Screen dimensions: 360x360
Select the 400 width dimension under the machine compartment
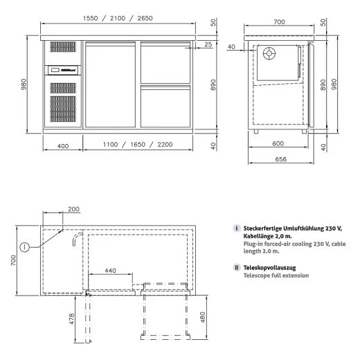(63, 145)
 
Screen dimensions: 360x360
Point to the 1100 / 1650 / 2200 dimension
(138, 145)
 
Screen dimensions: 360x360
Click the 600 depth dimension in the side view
(277, 144)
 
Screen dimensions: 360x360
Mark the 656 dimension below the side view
(277, 159)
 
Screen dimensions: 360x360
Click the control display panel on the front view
(64, 69)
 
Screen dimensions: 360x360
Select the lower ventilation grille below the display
(64, 101)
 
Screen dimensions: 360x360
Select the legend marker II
(237, 267)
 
